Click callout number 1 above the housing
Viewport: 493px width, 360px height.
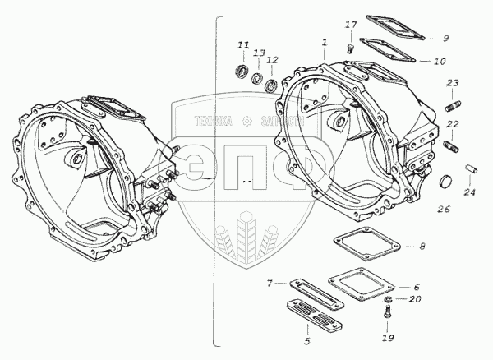point(325,41)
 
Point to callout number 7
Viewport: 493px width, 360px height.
point(270,284)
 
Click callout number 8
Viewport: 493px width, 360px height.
point(422,246)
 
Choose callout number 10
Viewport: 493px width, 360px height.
point(440,61)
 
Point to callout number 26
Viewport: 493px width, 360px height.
point(443,209)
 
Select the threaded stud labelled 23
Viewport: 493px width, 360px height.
point(454,108)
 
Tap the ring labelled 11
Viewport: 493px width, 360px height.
point(244,67)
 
